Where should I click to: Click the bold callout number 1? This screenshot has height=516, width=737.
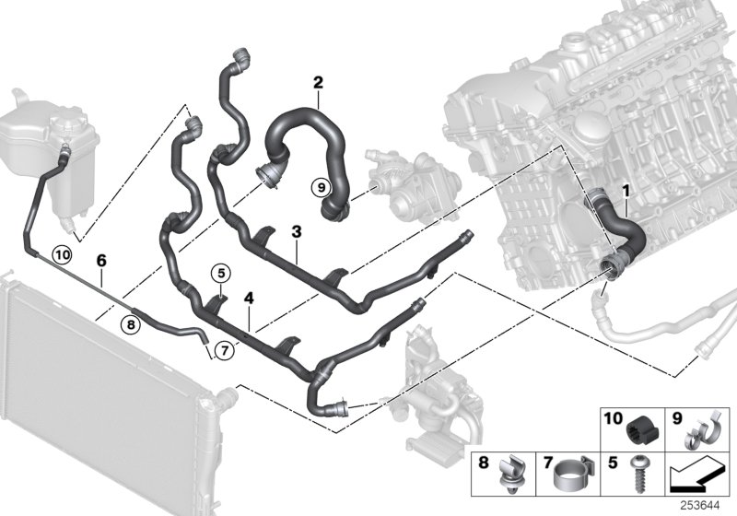626,191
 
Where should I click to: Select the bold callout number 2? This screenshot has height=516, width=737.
318,83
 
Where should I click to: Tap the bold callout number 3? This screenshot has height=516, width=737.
297,231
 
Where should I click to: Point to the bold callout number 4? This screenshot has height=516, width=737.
249,298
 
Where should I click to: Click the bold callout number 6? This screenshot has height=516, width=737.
101,261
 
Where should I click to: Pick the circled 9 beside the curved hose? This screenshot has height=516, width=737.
322,188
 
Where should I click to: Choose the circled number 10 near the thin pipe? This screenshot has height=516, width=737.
62,255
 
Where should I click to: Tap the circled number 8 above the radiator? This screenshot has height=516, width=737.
131,324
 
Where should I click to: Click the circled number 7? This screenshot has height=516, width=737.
224,350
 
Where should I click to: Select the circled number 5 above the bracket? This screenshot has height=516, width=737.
221,272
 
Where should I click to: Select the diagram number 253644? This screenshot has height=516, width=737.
700,506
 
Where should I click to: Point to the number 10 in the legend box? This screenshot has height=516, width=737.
613,417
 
